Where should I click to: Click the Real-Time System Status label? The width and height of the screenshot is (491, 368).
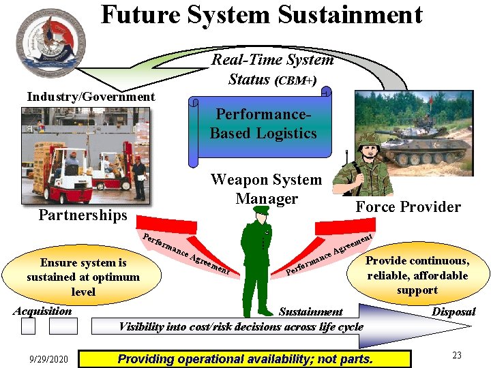tap(272, 69)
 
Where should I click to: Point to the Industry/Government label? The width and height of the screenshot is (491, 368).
tap(91, 97)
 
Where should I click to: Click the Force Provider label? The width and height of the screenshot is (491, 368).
tap(408, 207)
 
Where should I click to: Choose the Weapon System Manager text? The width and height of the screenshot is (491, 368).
tap(266, 189)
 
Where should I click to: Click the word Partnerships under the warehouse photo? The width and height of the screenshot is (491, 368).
tap(83, 215)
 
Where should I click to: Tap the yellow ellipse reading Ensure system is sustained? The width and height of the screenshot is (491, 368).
tap(82, 277)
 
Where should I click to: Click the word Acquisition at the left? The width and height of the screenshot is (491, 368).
tap(42, 311)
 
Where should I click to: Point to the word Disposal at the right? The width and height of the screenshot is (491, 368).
tap(453, 311)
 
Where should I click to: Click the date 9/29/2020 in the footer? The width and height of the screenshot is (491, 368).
tap(48, 358)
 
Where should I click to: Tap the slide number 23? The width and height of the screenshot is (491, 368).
tap(457, 355)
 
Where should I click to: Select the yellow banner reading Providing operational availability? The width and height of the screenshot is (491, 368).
tap(245, 358)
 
